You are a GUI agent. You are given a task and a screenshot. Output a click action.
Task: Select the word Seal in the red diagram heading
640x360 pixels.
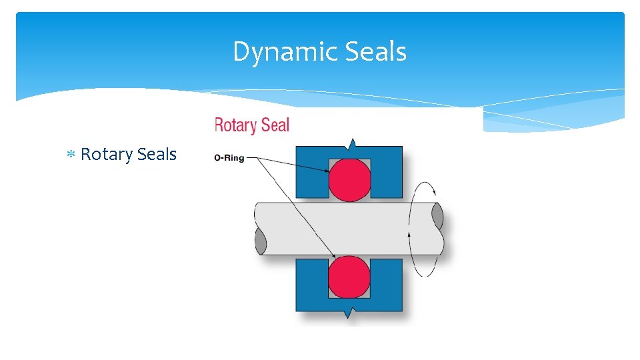click(276, 125)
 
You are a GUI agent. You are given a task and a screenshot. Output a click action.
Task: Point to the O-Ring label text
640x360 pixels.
click(229, 158)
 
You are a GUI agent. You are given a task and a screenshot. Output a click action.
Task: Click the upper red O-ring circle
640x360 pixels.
click(349, 179)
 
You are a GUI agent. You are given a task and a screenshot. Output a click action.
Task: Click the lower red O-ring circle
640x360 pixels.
click(349, 276)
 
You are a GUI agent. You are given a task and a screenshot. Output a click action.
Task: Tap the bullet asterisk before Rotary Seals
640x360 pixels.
click(71, 155)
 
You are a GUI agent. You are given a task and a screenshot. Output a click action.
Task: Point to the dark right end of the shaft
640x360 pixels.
click(437, 217)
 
